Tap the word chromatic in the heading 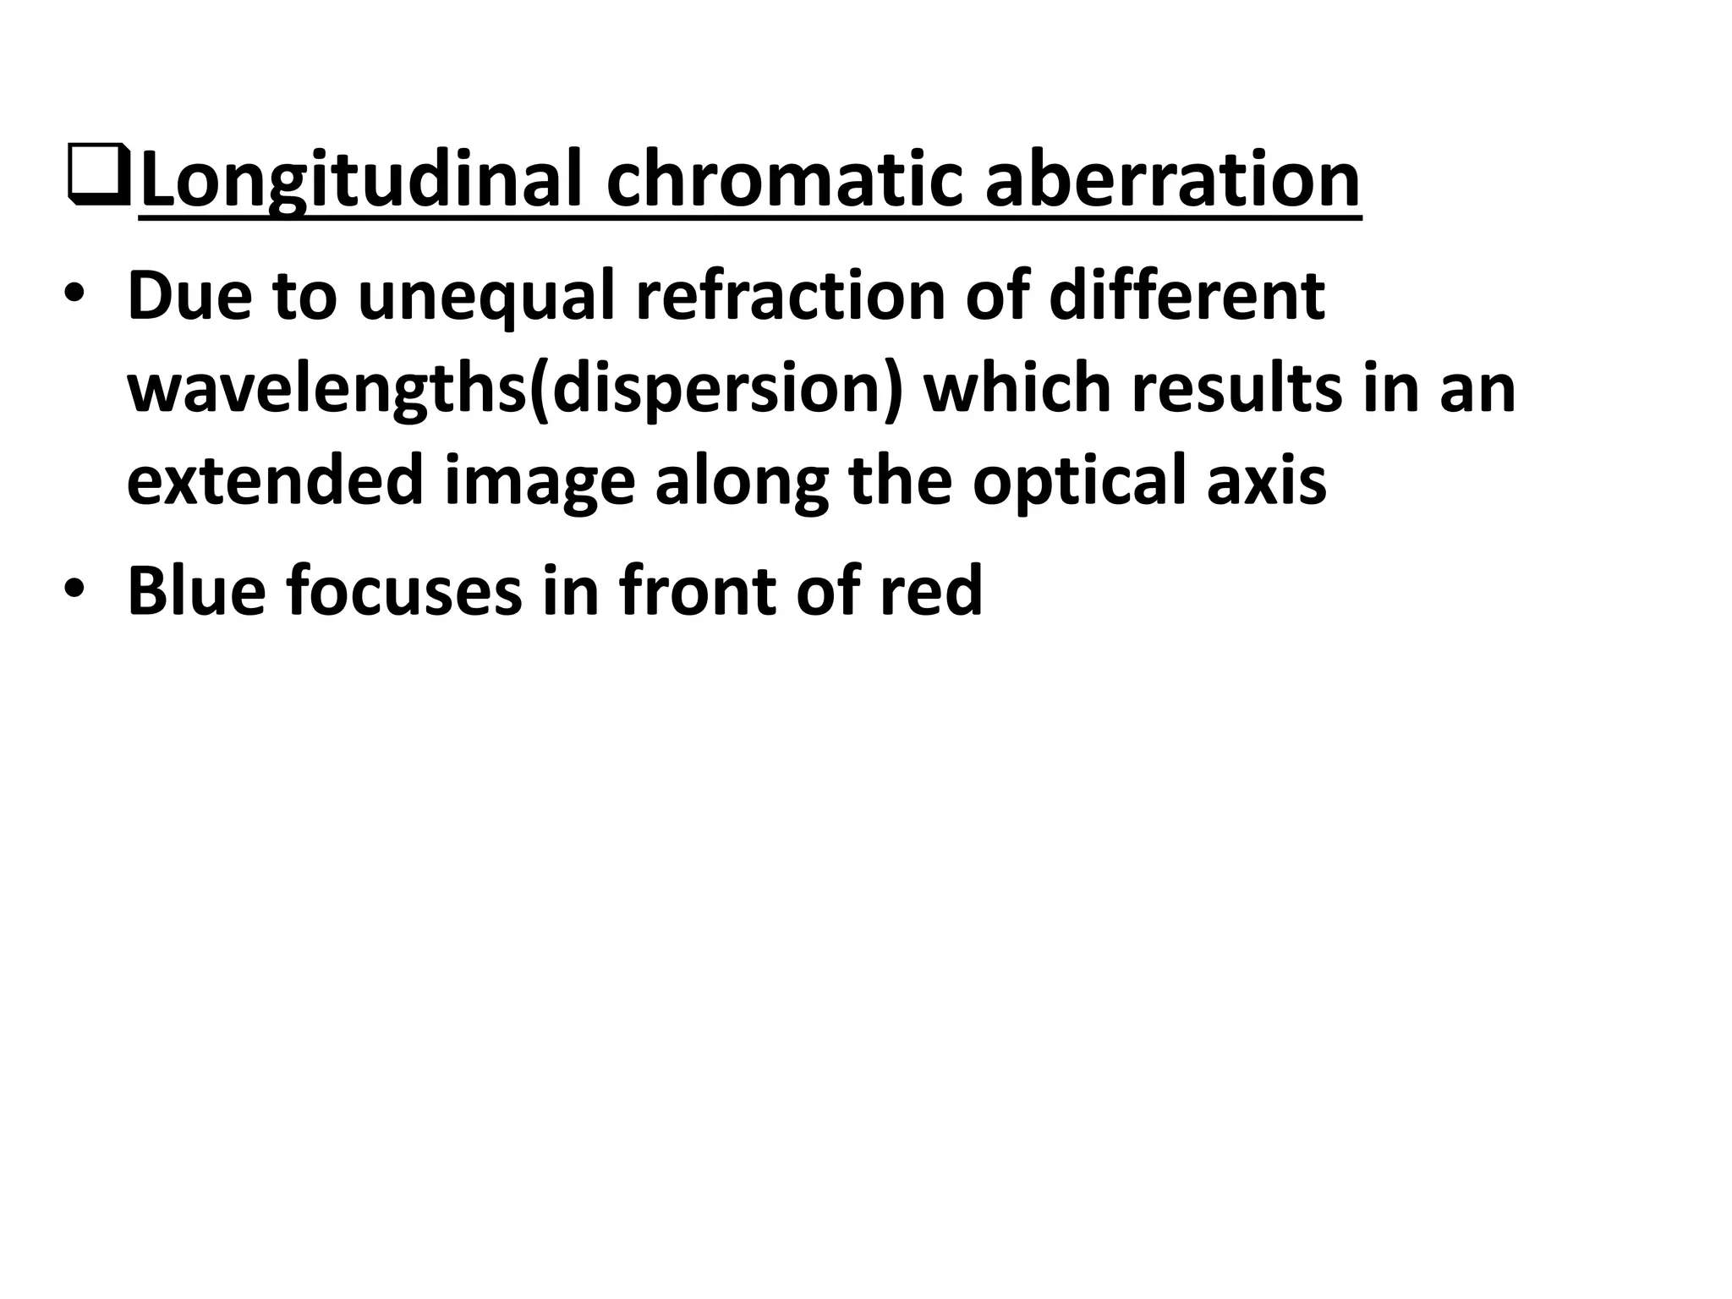click(783, 179)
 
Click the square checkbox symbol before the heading click(98, 174)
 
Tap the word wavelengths click(327, 389)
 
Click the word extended click(275, 480)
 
